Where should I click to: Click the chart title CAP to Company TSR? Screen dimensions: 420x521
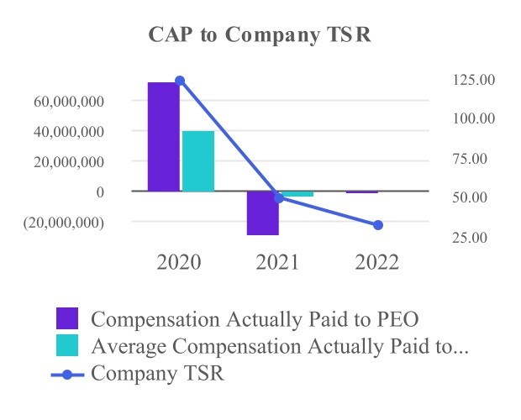pos(260,35)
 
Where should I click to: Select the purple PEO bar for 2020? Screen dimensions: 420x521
pos(163,136)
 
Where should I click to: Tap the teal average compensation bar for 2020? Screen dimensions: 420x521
pos(198,161)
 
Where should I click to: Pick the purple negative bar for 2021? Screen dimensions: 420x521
pos(262,213)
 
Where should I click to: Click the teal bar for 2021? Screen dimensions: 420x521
pos(297,194)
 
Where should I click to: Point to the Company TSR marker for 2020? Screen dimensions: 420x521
pos(179,81)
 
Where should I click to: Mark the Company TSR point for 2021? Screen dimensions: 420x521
pos(279,198)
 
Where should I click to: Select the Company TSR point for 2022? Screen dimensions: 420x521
pos(378,225)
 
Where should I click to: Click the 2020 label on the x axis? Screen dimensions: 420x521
pos(179,262)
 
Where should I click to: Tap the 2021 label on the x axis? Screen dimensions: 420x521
pos(278,262)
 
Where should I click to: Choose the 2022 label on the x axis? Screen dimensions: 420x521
pos(377,262)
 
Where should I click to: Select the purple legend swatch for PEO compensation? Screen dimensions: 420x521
pos(67,318)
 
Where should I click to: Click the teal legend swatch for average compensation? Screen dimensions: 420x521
pos(67,345)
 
